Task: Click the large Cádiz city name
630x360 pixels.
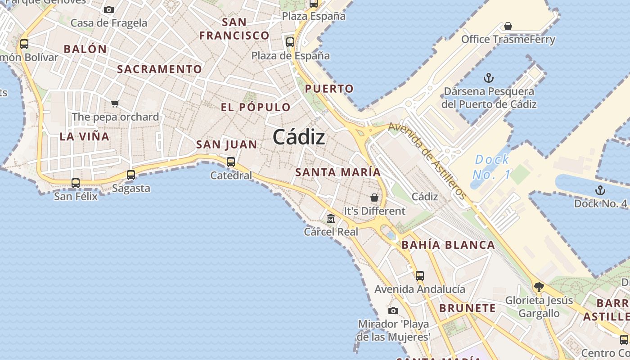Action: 299,137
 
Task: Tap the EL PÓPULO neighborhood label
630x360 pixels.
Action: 256,107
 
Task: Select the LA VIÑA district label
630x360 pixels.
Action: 85,136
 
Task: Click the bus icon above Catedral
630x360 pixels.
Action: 231,162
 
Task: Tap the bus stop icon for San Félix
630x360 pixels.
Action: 76,183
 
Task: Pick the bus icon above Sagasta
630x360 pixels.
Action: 131,175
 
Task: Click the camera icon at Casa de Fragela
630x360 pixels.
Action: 109,9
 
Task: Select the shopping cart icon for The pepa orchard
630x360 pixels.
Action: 115,104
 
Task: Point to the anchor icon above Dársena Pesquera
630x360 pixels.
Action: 489,78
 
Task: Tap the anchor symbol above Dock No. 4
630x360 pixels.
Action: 600,190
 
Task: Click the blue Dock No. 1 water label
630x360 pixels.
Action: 492,166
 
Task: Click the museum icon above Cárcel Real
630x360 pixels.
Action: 331,219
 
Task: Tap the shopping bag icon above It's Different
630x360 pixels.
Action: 374,198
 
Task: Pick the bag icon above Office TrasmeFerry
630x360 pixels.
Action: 508,26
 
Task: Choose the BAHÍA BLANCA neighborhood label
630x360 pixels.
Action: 448,245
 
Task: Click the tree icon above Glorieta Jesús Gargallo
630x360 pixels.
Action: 539,287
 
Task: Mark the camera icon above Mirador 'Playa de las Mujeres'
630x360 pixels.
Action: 393,310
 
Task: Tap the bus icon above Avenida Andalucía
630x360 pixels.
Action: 420,276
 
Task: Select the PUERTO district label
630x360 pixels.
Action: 329,89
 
